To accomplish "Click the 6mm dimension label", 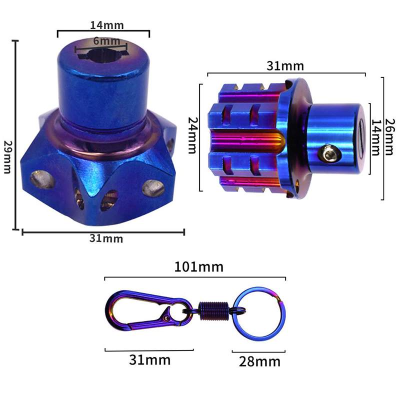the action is [x=106, y=41].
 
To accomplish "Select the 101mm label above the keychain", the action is [x=198, y=267].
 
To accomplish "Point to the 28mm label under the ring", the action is [x=259, y=361].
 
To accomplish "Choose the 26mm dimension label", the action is [x=389, y=136].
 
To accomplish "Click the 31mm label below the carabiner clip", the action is [x=149, y=360].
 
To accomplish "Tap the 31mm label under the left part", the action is [x=106, y=239].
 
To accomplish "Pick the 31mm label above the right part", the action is [x=285, y=66].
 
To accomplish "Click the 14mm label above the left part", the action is [x=107, y=25].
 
